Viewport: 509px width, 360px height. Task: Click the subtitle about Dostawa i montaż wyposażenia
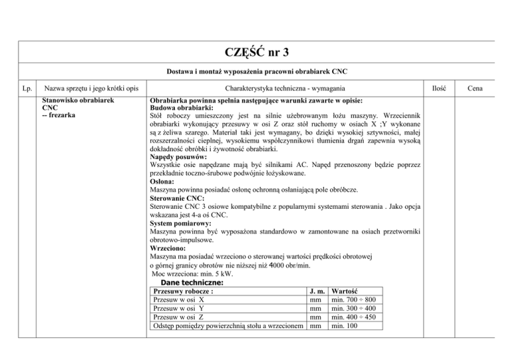(x=257, y=71)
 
